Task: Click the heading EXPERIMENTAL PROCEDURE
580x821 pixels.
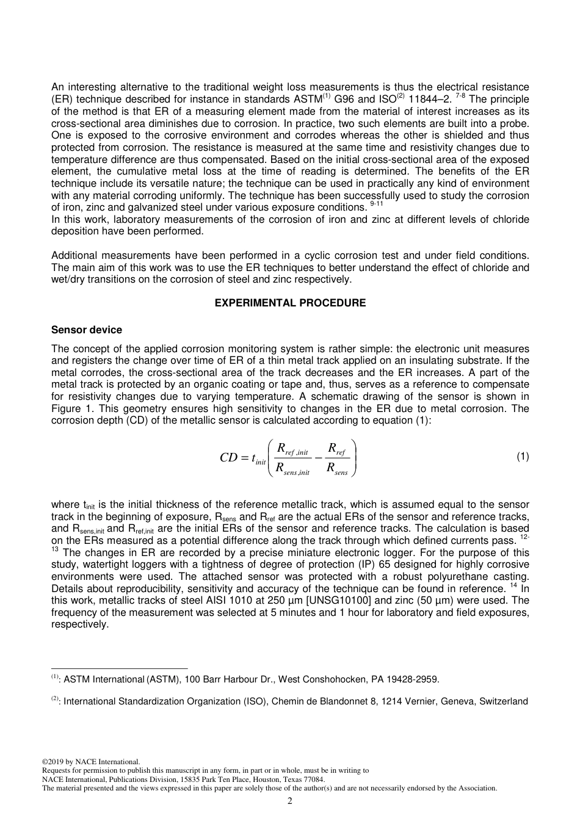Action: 290,303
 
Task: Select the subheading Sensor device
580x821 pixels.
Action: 86,330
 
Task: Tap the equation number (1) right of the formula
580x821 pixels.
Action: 523,456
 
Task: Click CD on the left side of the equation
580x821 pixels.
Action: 228,457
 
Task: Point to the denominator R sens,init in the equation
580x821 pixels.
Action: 292,469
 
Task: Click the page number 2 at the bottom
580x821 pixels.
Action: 289,801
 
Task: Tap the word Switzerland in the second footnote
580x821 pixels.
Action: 504,701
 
